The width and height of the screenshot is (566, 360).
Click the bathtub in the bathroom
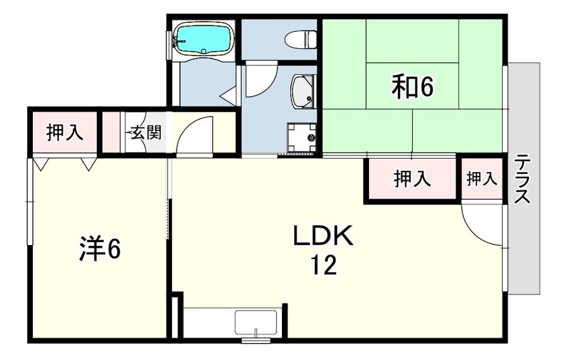tap(204, 39)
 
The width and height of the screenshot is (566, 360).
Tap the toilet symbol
tap(301, 39)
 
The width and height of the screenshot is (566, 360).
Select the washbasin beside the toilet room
tap(304, 92)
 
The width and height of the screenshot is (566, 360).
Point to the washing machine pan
tap(302, 138)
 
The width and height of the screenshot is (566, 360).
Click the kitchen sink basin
tap(256, 321)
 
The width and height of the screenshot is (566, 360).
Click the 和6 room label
tap(413, 86)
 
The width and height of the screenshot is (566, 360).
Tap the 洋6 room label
tap(100, 249)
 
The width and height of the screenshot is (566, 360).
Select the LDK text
tap(323, 236)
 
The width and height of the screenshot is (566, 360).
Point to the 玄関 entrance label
tap(146, 133)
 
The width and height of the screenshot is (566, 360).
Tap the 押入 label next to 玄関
tap(65, 132)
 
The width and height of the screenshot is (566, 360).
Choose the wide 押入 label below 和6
tap(412, 179)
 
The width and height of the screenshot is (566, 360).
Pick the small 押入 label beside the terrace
tap(482, 179)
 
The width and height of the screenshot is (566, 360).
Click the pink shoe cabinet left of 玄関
tap(111, 132)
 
